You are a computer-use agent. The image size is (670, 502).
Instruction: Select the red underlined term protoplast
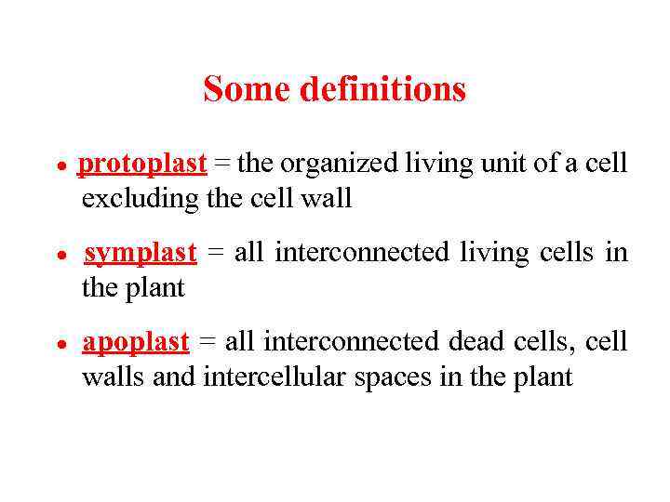pyautogui.click(x=142, y=165)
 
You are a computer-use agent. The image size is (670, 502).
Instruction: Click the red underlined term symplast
pyautogui.click(x=141, y=253)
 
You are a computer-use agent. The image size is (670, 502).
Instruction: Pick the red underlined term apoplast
pyautogui.click(x=136, y=343)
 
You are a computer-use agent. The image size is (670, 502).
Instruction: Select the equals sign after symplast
pyautogui.click(x=212, y=254)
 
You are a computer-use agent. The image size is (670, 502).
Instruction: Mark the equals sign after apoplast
pyautogui.click(x=207, y=343)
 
